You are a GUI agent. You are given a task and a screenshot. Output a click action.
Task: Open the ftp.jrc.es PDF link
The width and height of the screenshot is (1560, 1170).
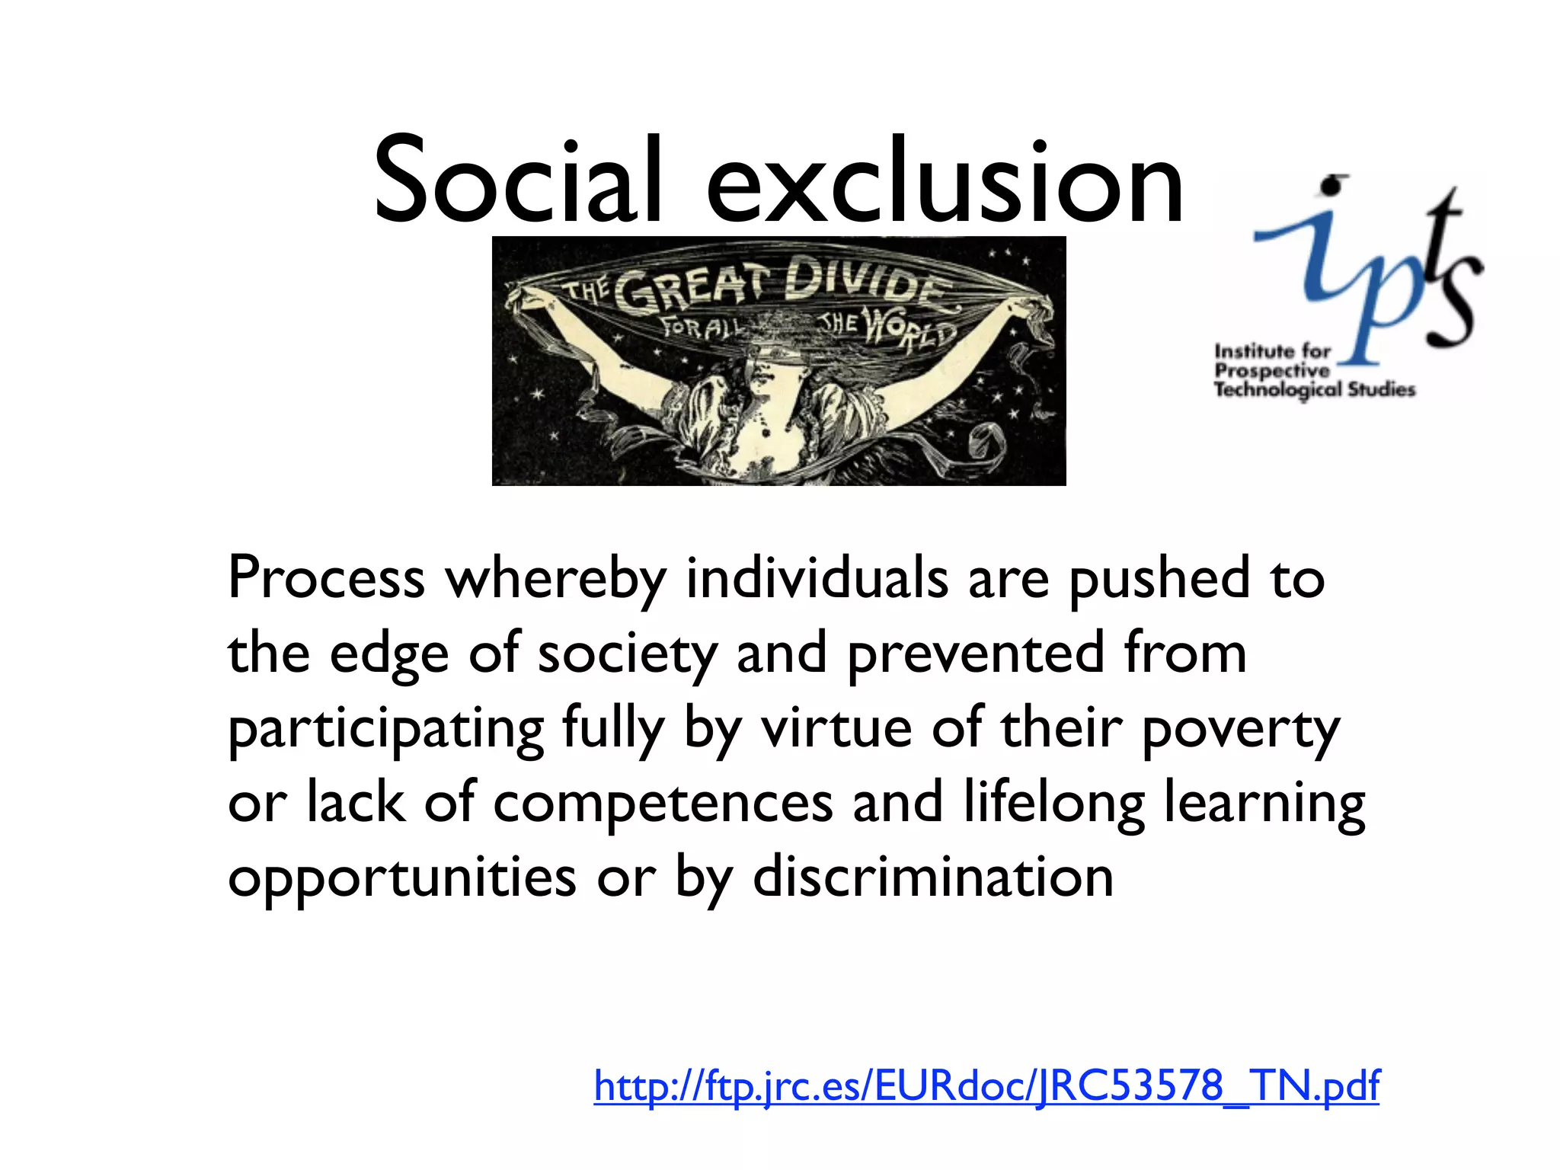click(x=986, y=1085)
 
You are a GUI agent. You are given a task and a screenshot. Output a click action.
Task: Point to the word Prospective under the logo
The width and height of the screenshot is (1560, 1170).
click(x=1271, y=371)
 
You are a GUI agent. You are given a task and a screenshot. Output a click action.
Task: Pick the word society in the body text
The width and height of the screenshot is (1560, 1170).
click(x=627, y=654)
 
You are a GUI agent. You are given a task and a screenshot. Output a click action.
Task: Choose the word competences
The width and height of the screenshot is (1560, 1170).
click(x=663, y=803)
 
